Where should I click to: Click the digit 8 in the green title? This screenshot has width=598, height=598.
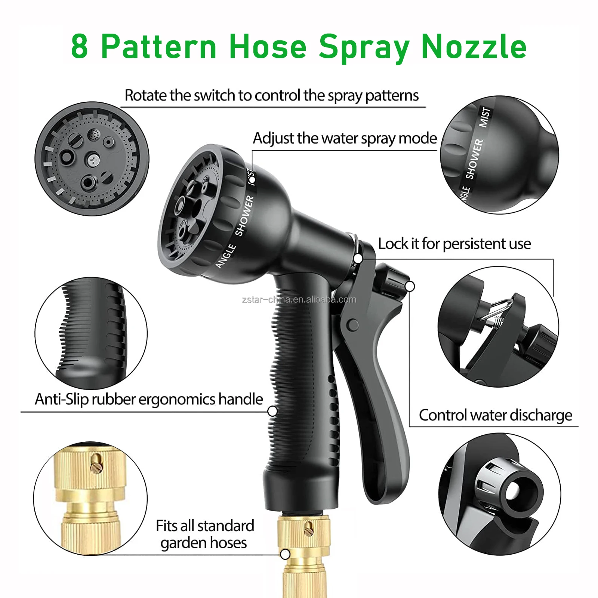coord(80,46)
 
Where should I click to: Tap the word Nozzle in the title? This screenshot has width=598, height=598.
coord(474,46)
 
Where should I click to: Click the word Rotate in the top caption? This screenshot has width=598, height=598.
coord(145,96)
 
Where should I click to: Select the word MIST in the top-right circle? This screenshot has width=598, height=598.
coord(485,117)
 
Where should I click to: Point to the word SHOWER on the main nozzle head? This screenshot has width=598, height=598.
coord(244,216)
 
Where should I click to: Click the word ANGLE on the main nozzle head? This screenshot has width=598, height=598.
coord(226,256)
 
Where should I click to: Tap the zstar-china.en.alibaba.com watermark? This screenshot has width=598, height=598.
coord(299,299)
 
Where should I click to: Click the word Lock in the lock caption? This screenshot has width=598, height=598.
coord(393,244)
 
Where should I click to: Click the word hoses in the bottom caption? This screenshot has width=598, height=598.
coord(228,543)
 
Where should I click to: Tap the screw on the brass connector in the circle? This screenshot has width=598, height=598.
coord(97,464)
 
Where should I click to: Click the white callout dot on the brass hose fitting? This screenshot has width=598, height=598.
coord(285,554)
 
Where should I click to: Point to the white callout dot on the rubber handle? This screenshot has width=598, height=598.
coord(272,411)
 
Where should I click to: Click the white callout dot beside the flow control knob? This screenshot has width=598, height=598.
coord(410,286)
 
